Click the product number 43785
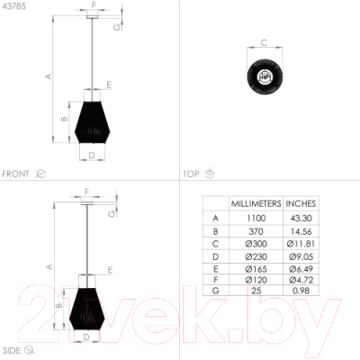coord(14,6)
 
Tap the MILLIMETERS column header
coord(256,203)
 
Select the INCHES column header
coord(301,203)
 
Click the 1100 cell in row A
coord(256,218)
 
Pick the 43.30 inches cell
coord(301,218)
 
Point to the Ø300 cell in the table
coord(256,244)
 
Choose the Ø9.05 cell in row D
coord(301,256)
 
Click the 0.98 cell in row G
coord(301,291)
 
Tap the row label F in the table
coord(215,280)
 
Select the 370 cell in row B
coord(256,231)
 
